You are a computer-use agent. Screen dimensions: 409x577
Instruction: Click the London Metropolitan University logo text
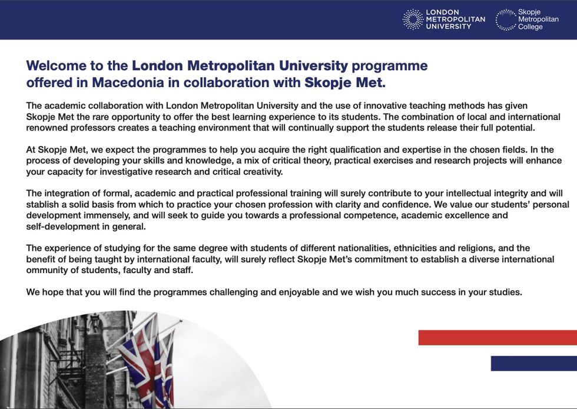pyautogui.click(x=455, y=19)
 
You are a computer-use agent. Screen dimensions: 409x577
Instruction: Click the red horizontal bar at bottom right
pyautogui.click(x=498, y=337)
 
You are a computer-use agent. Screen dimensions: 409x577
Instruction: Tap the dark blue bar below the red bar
pyautogui.click(x=533, y=363)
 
